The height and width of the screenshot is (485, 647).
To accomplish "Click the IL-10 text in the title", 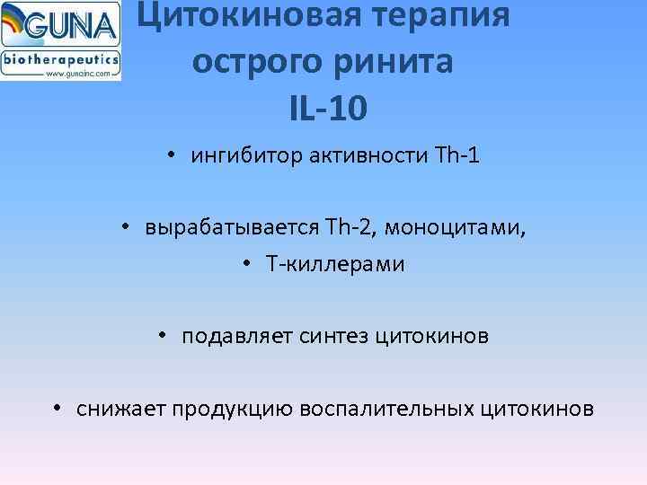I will [328, 109].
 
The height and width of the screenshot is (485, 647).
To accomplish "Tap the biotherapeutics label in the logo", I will [60, 58].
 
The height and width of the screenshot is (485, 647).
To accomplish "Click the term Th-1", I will [456, 156].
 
